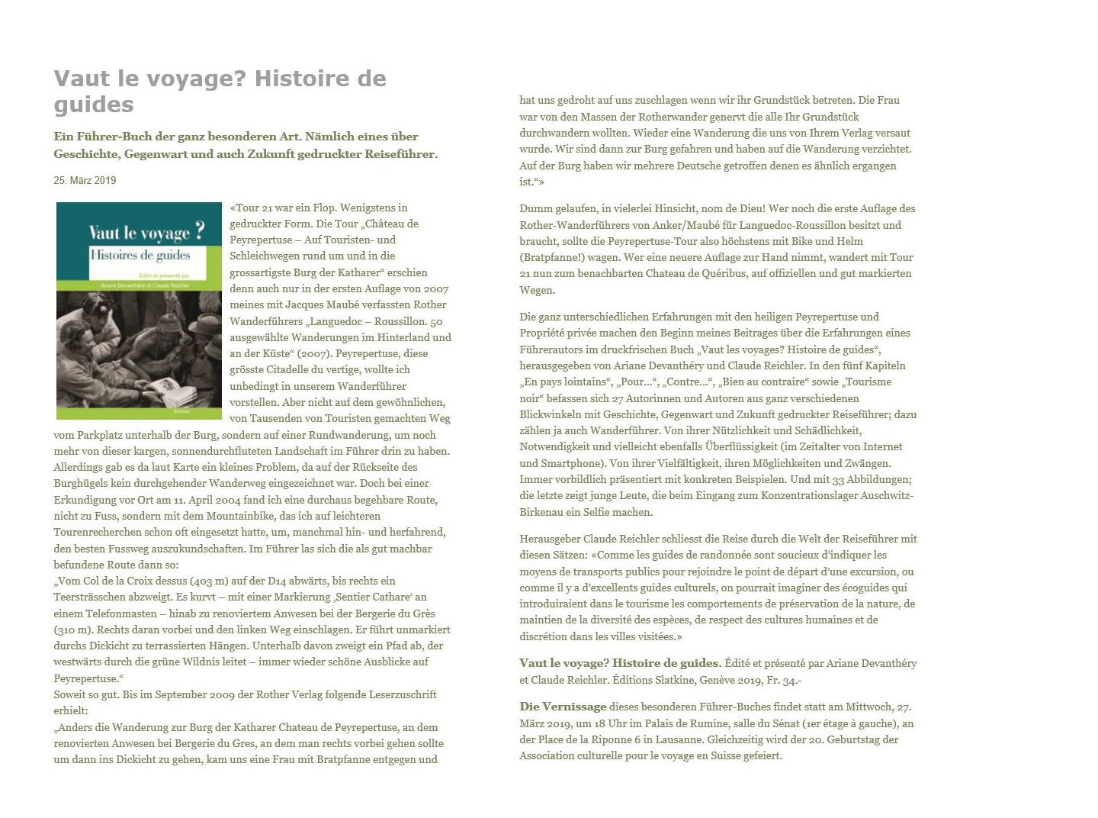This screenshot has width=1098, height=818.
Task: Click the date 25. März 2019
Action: tap(85, 181)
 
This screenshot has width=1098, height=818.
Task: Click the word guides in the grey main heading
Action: tap(94, 105)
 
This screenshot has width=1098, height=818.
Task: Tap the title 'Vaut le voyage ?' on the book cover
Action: tap(146, 232)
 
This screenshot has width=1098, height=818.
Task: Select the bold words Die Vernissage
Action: tap(563, 707)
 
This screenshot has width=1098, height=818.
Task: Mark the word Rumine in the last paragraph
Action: tap(697, 723)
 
